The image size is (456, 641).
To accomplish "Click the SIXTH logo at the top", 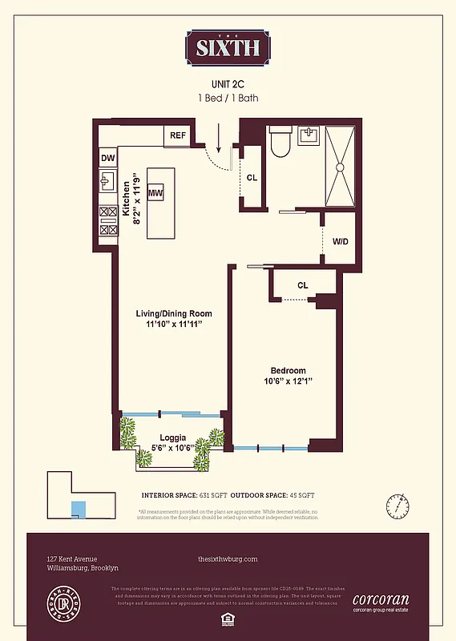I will [228, 47].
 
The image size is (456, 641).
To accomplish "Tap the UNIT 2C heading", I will [228, 83].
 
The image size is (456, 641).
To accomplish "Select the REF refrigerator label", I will [177, 135].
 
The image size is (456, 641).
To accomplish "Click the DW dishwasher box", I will [108, 159].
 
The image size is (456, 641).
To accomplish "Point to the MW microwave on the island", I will [155, 193].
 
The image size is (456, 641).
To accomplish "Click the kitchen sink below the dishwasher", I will [107, 183].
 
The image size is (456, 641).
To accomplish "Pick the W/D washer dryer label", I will [340, 240].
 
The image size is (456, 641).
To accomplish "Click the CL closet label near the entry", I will [252, 177].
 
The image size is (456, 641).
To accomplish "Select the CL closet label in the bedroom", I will [302, 284].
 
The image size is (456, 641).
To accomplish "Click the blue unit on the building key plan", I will [79, 510].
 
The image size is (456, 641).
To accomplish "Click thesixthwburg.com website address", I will [227, 559].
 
